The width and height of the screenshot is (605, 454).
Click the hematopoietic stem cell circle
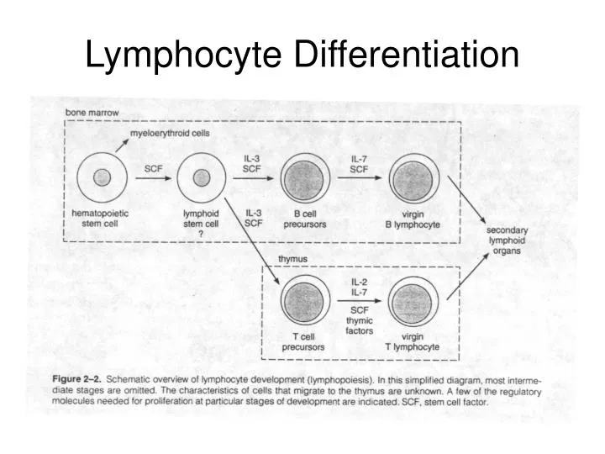tap(103, 178)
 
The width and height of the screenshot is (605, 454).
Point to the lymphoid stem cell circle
tap(201, 178)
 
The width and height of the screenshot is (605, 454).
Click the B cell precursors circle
tap(303, 178)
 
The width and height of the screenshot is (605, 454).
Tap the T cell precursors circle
tap(303, 301)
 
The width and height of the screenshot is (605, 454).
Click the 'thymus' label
tap(292, 258)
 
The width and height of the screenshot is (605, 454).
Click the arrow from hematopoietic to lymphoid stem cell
tap(153, 179)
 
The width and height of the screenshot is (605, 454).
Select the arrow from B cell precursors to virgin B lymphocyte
tap(359, 179)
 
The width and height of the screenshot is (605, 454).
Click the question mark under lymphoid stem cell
tap(201, 235)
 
